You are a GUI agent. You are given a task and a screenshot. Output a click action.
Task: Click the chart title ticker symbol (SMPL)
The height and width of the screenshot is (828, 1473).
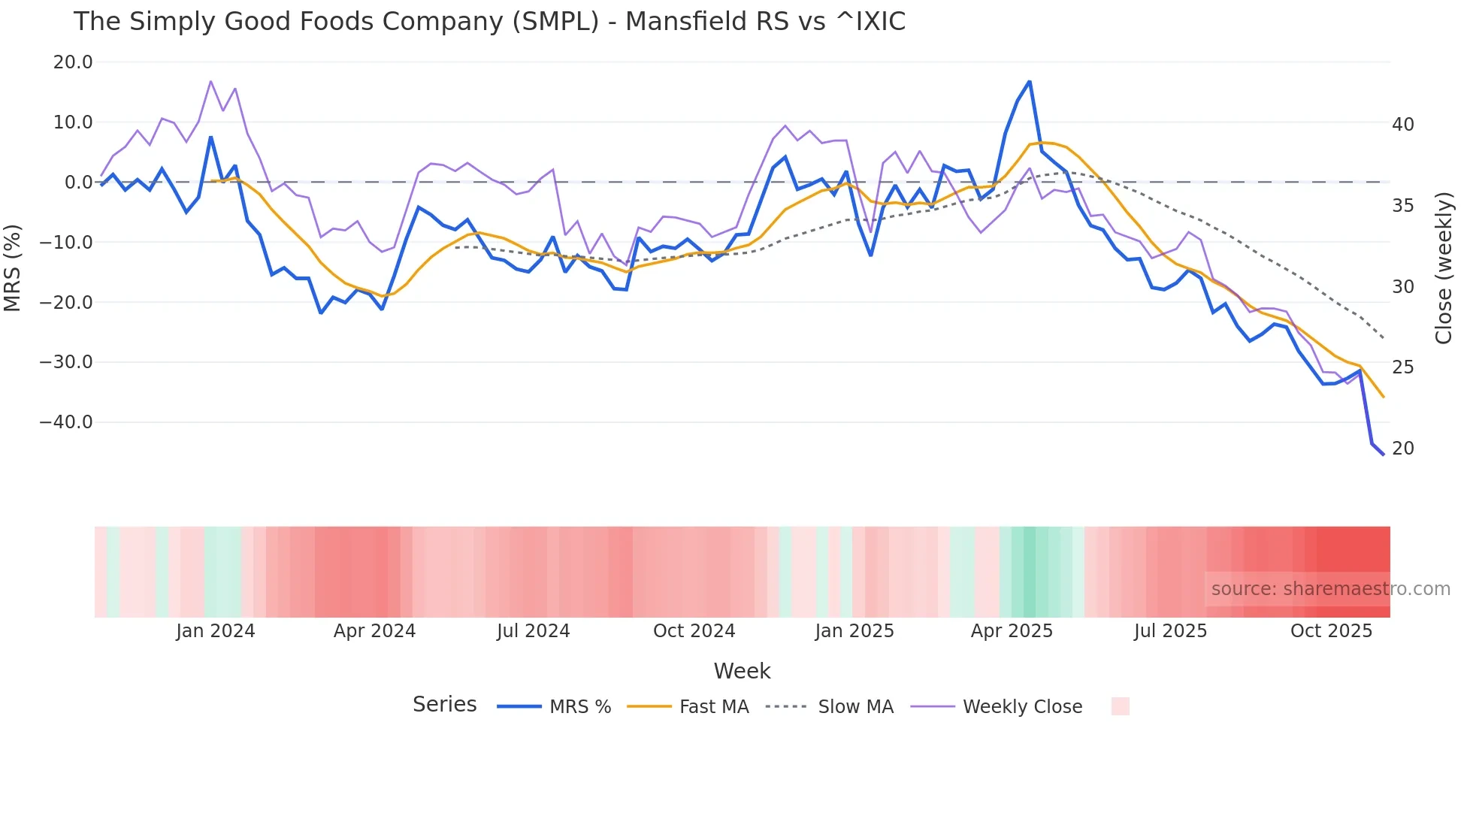(555, 22)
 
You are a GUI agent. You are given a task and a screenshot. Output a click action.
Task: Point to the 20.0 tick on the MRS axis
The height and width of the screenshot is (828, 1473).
(73, 62)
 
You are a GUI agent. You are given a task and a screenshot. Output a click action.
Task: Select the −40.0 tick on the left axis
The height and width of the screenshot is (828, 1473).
(66, 422)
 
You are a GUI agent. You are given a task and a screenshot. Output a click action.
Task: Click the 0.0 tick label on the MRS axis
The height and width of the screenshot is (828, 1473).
(78, 183)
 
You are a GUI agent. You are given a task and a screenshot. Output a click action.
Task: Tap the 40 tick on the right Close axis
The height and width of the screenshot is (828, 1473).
(1402, 125)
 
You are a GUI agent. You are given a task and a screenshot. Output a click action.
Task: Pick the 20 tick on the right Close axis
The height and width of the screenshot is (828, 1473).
(1402, 449)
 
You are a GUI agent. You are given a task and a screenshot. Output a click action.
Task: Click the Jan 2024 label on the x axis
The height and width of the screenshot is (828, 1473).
(216, 631)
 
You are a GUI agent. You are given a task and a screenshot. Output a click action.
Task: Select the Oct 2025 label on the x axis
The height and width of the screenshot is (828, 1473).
(1331, 631)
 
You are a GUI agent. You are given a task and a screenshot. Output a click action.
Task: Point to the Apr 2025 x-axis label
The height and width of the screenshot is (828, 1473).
(1012, 631)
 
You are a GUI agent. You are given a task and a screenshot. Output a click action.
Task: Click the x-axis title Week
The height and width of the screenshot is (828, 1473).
(742, 671)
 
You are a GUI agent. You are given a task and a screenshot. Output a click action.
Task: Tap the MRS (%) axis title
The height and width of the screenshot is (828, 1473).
(13, 267)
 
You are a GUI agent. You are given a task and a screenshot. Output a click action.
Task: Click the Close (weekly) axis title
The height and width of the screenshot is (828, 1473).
(1443, 268)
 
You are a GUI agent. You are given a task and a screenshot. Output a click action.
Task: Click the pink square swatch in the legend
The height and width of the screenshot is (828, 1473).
(1120, 706)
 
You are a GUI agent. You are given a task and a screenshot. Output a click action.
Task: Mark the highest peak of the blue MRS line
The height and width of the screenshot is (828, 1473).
(1030, 81)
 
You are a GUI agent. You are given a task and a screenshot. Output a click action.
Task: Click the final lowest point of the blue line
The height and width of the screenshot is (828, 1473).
(1383, 455)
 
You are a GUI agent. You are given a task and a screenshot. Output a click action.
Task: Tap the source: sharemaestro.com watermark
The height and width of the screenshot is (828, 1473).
(1330, 589)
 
